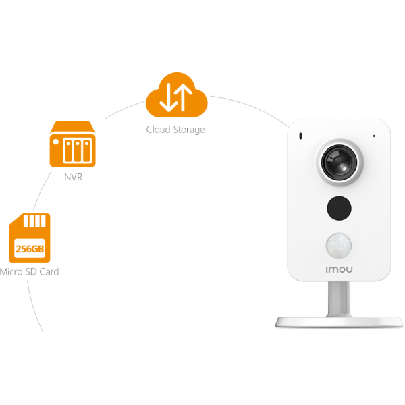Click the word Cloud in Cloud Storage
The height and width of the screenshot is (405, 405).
point(159,129)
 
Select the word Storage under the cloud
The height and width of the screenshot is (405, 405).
point(188,130)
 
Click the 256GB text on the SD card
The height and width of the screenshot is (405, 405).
point(30,249)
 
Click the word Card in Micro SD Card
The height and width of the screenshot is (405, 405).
point(49,271)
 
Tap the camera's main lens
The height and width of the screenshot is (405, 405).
point(337,162)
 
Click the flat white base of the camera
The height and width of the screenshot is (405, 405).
point(337,321)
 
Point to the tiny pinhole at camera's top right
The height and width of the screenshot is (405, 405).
point(373,136)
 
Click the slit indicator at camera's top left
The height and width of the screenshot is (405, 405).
point(301,137)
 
